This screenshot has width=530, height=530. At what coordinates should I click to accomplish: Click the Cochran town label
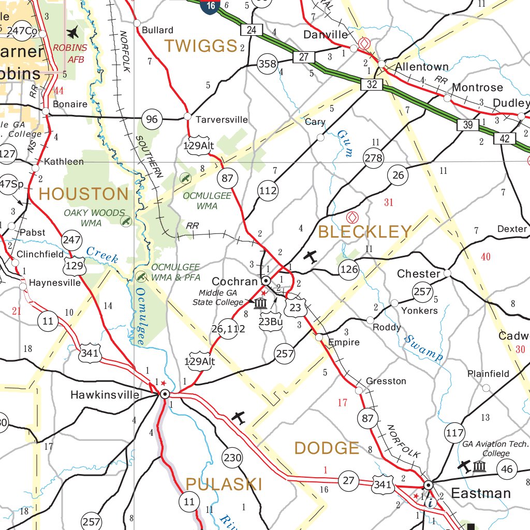[x=235, y=282]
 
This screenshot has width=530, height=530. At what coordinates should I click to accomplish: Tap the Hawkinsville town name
[x=105, y=395]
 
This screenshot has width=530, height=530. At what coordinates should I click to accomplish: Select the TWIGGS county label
[x=201, y=46]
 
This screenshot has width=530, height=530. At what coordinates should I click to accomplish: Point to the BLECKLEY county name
[x=365, y=232]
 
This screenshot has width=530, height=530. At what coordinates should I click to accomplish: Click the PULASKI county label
[x=224, y=484]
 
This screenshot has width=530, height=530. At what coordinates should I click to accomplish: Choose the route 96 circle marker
[x=152, y=120]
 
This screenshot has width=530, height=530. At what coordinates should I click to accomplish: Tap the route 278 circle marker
[x=373, y=158]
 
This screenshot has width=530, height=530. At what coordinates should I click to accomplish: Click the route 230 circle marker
[x=232, y=458]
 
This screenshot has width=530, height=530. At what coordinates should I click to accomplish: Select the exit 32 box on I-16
[x=372, y=84]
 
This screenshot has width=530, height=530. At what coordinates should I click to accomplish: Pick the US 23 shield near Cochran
[x=295, y=308]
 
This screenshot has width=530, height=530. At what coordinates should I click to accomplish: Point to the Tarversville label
[x=222, y=120]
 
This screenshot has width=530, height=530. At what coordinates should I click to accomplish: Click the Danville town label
[x=326, y=35]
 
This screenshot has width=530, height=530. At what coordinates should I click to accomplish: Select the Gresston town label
[x=386, y=381]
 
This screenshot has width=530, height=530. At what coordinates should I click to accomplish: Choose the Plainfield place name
[x=488, y=374]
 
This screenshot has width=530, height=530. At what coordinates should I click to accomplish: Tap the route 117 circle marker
[x=454, y=433]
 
